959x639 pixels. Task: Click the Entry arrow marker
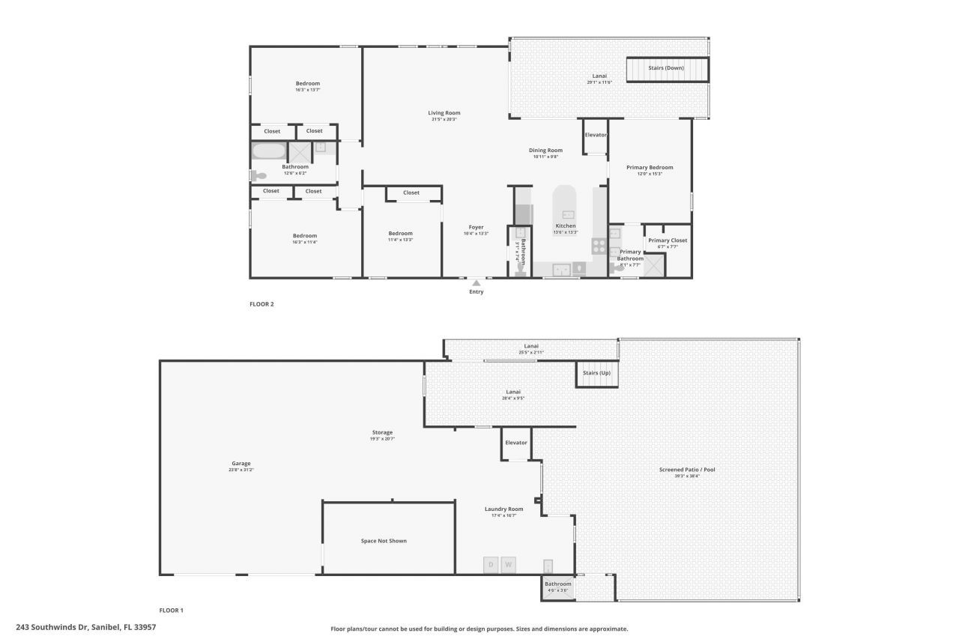(477, 282)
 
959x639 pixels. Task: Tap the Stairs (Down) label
(666, 68)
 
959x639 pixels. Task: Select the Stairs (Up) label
(597, 373)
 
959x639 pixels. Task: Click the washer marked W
(509, 565)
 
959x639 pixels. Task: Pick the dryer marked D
(491, 565)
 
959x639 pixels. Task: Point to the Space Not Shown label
(384, 540)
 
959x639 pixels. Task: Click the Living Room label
(444, 112)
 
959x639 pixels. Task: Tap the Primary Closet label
(668, 240)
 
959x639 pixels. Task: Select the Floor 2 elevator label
(596, 135)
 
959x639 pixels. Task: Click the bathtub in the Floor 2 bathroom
(268, 151)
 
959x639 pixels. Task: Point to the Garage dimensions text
(241, 470)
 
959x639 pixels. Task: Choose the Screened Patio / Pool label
(687, 470)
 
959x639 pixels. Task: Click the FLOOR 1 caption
(172, 610)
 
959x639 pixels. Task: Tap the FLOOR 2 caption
(261, 303)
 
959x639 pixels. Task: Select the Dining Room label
(547, 151)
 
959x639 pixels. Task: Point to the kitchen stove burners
(599, 243)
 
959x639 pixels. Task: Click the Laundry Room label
(503, 509)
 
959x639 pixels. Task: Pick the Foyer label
(476, 227)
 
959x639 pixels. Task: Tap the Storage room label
(382, 432)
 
